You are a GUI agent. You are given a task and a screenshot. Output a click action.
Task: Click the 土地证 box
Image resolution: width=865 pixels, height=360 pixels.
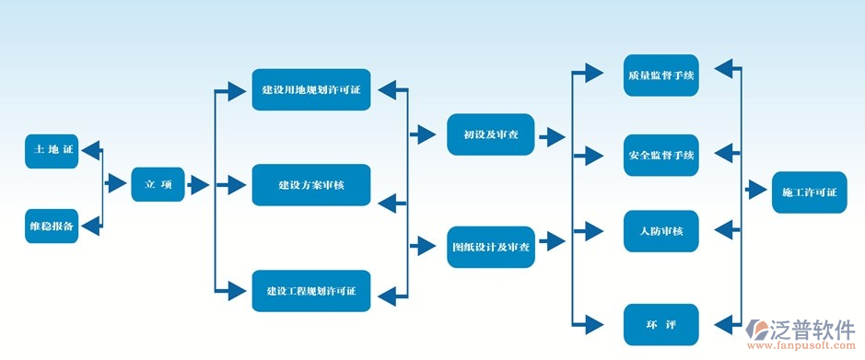point(53,150)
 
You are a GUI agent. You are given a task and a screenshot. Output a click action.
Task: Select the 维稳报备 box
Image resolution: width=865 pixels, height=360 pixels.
point(53,226)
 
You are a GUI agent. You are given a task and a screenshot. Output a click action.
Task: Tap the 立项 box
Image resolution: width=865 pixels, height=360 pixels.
point(158,185)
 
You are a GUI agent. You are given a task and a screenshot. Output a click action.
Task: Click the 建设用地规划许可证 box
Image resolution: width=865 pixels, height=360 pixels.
point(310,89)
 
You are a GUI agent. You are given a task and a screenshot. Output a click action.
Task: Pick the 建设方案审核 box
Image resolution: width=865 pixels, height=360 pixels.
point(310,185)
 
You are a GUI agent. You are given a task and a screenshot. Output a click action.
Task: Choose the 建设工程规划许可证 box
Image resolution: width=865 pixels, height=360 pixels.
point(310,292)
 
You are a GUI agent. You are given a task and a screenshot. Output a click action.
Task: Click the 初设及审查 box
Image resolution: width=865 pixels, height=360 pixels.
point(489,134)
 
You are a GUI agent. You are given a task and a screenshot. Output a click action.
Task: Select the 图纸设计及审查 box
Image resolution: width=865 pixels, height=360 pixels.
point(491,247)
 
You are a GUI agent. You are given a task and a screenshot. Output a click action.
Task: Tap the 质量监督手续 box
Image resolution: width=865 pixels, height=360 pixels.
point(660,75)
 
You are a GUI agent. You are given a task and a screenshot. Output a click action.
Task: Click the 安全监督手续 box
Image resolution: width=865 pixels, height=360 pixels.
point(660,154)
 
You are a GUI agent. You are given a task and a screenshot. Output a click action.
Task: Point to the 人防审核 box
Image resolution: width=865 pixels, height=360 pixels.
point(660,231)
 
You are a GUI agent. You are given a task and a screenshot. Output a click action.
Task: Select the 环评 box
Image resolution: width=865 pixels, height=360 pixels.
point(660,324)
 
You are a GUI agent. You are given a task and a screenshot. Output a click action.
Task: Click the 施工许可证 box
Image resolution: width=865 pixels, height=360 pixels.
point(809,192)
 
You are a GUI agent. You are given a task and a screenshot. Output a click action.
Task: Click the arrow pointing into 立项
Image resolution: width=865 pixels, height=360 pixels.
point(117,184)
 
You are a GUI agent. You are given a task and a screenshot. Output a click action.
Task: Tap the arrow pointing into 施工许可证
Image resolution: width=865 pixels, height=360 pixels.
point(756,191)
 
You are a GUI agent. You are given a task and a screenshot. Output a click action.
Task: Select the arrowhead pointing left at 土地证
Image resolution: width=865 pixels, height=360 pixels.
point(90,149)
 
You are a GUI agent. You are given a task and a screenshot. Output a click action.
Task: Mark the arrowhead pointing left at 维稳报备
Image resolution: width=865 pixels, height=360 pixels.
point(90,225)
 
